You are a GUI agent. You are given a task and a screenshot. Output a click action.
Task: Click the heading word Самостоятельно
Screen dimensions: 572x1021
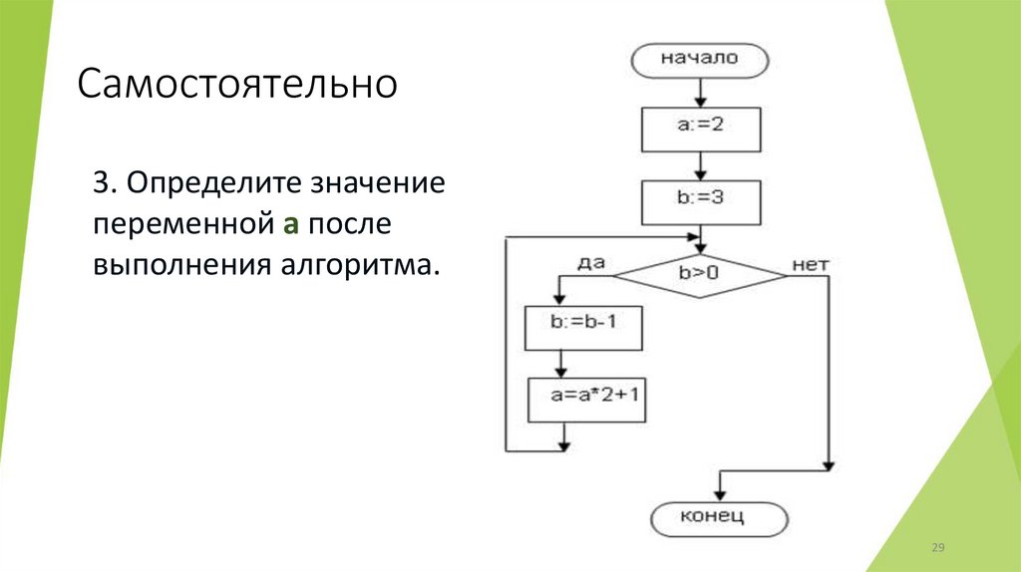237,85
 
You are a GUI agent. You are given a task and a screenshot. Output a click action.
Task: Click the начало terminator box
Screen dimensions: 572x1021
700,59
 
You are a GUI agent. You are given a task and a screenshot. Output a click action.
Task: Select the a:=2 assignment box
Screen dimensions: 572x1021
700,128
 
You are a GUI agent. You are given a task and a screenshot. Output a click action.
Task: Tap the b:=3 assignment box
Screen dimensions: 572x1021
700,198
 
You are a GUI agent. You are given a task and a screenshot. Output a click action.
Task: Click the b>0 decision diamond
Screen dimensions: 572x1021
700,270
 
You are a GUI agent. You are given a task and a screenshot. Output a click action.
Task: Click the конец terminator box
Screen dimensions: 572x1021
718,517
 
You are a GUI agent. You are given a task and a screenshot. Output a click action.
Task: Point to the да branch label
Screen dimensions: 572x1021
590,262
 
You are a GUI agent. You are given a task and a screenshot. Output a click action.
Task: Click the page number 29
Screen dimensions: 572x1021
937,548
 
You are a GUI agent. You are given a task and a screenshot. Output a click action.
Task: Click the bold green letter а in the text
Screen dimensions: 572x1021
290,224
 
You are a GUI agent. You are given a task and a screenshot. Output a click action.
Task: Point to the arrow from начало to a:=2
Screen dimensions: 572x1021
700,92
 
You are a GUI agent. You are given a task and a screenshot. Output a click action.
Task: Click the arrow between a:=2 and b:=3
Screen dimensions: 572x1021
700,162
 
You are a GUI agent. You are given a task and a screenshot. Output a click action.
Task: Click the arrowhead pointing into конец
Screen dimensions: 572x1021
718,492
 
